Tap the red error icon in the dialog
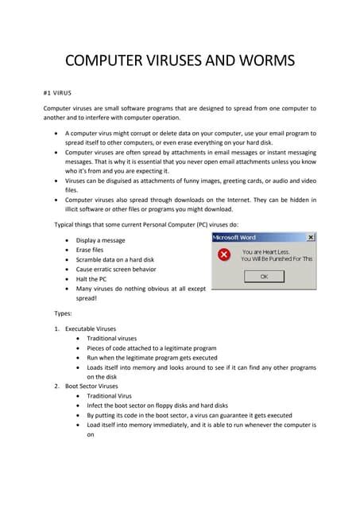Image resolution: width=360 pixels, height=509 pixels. [224, 254]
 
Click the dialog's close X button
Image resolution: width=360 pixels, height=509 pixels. [310, 237]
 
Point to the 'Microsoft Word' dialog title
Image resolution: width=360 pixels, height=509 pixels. [234, 237]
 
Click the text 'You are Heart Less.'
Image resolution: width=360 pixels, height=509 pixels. [269, 251]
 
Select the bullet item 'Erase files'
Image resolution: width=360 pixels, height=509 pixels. [90, 250]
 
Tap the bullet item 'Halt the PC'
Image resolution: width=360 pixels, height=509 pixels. [93, 280]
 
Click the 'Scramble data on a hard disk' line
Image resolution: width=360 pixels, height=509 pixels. [114, 260]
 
